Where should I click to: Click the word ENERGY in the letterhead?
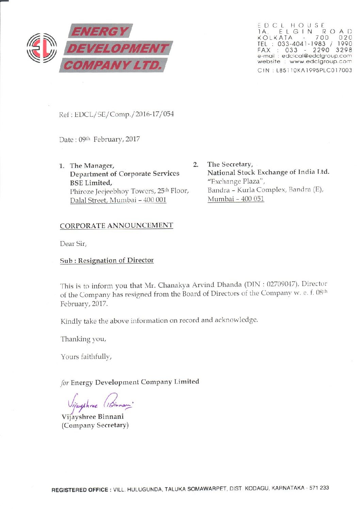[x=99, y=32]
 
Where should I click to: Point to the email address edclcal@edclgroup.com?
[x=316, y=56]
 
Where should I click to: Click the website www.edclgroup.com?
[x=321, y=62]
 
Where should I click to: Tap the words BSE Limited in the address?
[x=91, y=183]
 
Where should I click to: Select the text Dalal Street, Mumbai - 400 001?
[x=118, y=200]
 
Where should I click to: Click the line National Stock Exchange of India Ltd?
[x=268, y=172]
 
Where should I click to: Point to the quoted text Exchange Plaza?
[x=236, y=181]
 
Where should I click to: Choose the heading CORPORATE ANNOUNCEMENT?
[x=116, y=225]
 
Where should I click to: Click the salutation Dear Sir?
[x=73, y=243]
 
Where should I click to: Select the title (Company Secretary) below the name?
[x=95, y=425]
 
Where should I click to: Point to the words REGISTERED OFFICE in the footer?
[x=80, y=490]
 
